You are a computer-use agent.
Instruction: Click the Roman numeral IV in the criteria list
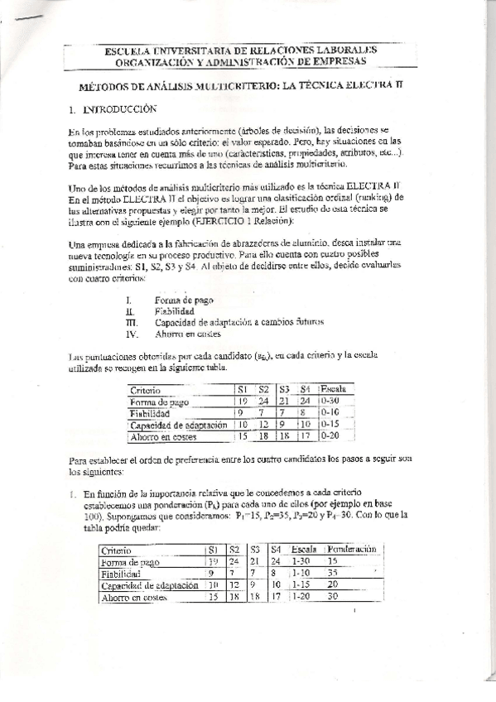click(x=129, y=334)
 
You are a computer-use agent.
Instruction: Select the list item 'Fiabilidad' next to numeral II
click(x=172, y=310)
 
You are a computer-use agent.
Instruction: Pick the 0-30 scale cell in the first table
click(x=330, y=401)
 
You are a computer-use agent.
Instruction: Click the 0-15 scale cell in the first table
click(x=330, y=424)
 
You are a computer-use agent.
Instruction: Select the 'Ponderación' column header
click(x=352, y=550)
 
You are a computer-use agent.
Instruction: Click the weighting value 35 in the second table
click(x=335, y=573)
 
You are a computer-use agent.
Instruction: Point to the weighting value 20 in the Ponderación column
click(x=335, y=584)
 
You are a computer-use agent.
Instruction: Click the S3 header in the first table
click(x=284, y=388)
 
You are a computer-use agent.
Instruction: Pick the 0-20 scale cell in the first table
click(x=330, y=436)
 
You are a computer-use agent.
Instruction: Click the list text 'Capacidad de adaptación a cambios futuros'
click(x=239, y=322)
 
